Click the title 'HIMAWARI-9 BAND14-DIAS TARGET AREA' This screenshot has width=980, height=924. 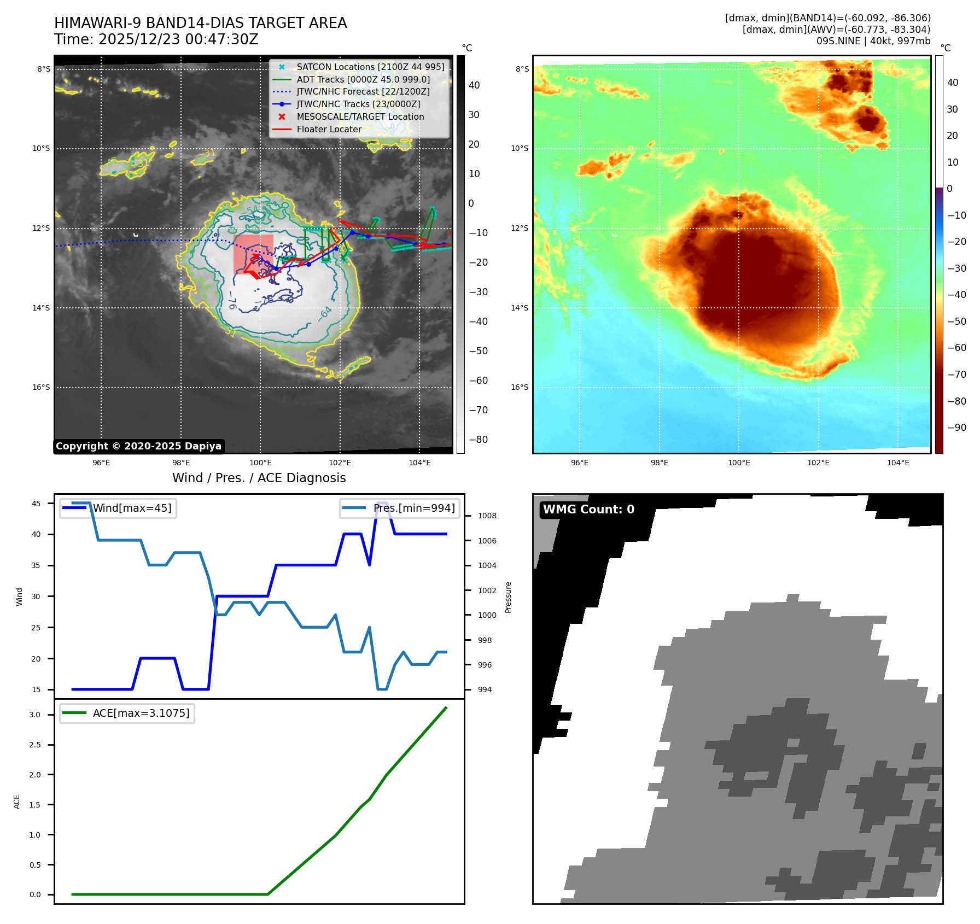(200, 23)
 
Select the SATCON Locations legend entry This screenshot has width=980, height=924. (370, 67)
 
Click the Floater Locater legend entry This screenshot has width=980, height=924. (329, 130)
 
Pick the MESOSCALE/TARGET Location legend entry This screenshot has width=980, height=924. (360, 117)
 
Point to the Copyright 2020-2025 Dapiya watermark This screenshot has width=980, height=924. (138, 446)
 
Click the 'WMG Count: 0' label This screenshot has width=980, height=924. (588, 510)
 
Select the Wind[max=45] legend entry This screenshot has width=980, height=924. (132, 508)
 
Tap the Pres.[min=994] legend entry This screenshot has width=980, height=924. (414, 508)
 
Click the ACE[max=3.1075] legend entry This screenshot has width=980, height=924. (141, 713)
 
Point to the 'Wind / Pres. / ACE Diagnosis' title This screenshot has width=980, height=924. (259, 478)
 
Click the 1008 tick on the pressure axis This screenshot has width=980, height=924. (487, 516)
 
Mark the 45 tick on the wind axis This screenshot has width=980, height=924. (36, 504)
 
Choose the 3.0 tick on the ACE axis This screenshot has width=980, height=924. (35, 715)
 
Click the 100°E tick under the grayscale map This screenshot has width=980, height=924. (260, 463)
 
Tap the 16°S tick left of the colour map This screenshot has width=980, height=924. (520, 387)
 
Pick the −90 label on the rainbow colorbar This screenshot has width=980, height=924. (956, 428)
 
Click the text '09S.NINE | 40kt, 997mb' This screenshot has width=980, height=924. (873, 41)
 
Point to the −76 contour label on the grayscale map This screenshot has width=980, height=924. (232, 300)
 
